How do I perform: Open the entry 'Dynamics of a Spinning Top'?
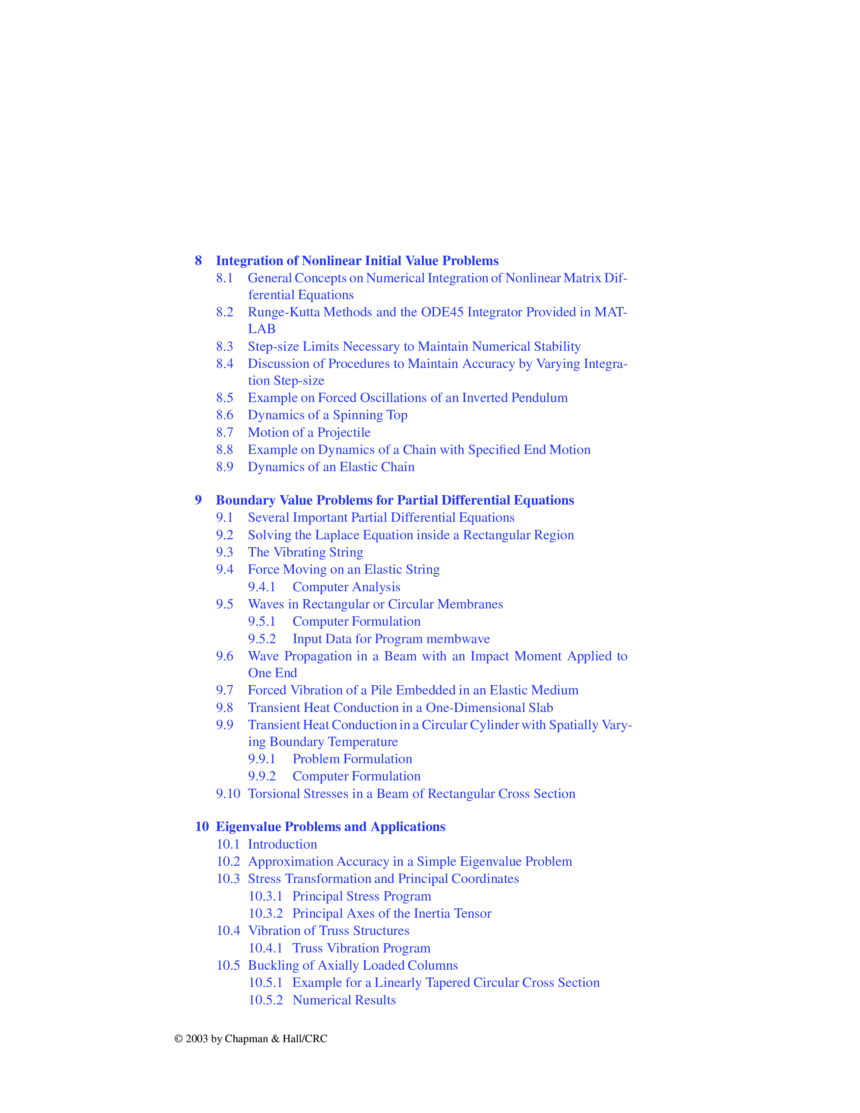tap(327, 415)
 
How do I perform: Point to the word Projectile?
tap(344, 433)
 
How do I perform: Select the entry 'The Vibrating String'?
tap(305, 552)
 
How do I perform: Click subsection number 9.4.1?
tap(261, 587)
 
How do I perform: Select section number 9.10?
tap(228, 794)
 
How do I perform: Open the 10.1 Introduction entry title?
tap(282, 845)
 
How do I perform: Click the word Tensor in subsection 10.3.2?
tap(472, 913)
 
